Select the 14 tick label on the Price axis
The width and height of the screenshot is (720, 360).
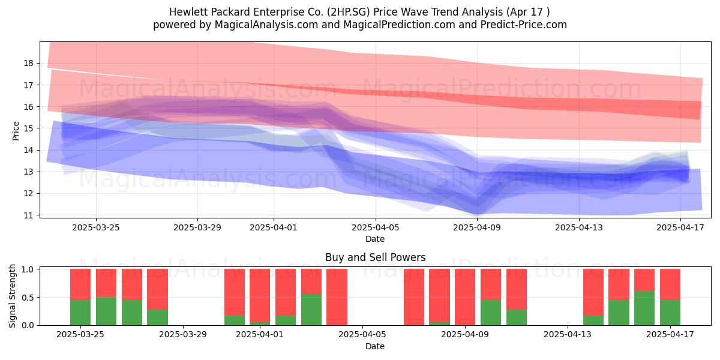pos(29,150)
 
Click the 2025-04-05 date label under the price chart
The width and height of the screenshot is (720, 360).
pos(376,227)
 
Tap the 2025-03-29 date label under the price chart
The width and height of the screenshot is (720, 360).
pos(197,227)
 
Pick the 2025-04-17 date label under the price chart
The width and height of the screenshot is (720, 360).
pos(680,227)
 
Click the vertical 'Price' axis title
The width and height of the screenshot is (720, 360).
pos(16,131)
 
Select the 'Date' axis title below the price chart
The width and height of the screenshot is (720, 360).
pos(375,239)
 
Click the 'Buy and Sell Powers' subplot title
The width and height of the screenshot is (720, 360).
pos(375,257)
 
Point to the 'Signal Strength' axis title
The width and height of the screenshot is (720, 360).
pos(12,296)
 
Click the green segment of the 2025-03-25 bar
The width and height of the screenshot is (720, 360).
pos(80,313)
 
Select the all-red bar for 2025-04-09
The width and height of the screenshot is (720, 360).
pos(465,297)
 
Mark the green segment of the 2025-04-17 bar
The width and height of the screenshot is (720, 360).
pos(670,313)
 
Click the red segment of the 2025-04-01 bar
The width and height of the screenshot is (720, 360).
pos(260,295)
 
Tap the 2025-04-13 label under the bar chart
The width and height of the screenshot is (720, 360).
pos(568,335)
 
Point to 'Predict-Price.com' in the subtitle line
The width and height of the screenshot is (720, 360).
pos(524,25)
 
